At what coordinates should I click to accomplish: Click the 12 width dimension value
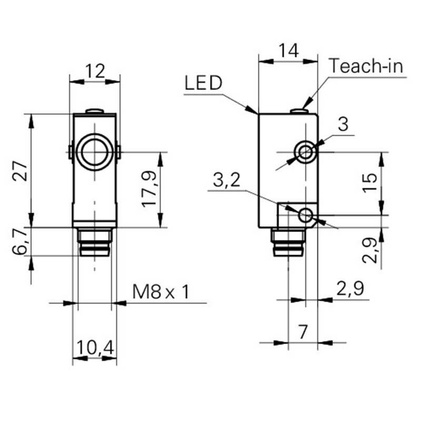[x=95, y=71]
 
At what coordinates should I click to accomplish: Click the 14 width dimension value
[x=288, y=51]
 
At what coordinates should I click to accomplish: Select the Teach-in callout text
[x=366, y=66]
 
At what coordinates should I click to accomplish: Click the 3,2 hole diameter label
[x=227, y=181]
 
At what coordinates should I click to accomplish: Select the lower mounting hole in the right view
[x=305, y=215]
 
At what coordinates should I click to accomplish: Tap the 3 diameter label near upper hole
[x=343, y=125]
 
